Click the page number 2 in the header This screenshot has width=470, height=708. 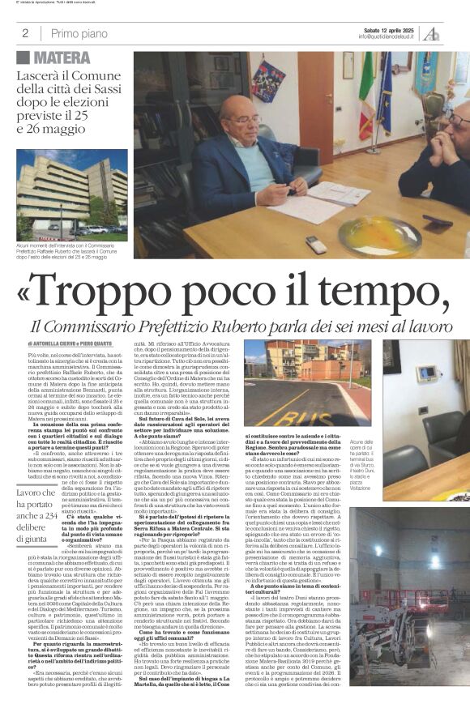pos(25,33)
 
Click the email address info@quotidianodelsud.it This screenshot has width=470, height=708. pos(388,36)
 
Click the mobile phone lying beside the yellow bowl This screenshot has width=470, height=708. pos(317,245)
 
